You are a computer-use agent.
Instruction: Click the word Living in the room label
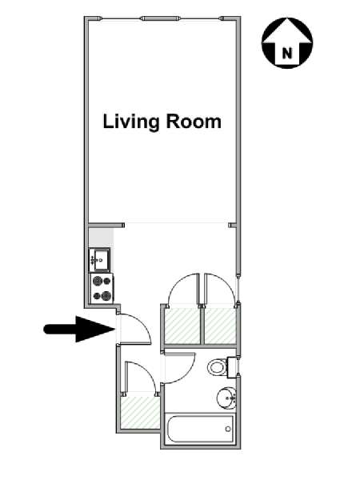point(131,122)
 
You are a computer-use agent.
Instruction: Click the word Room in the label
point(194,122)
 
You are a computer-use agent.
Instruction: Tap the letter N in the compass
point(287,54)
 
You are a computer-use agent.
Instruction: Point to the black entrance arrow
point(79,329)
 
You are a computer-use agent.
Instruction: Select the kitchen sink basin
point(102,259)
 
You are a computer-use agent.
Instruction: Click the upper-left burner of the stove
point(98,281)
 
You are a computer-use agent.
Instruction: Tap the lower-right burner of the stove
point(106,295)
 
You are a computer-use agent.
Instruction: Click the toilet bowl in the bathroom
point(217,366)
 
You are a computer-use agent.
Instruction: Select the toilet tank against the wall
point(231,368)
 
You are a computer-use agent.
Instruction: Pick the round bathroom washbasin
point(226,398)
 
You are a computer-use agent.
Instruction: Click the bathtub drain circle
point(228,429)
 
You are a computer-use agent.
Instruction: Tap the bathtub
point(199,429)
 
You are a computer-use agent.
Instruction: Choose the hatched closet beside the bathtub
point(140,412)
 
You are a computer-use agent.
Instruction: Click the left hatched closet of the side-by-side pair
point(182,326)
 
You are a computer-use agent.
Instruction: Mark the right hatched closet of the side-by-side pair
point(221,326)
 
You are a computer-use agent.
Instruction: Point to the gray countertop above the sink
point(101,238)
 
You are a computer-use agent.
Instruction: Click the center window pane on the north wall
point(161,18)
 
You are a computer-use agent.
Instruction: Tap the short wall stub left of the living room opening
point(106,226)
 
